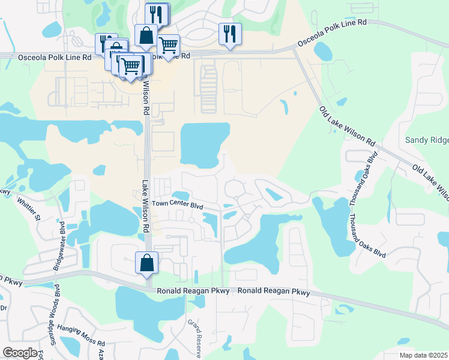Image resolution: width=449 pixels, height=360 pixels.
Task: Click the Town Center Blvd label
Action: (x=178, y=204)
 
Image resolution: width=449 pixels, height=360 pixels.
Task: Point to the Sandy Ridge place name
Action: (x=426, y=140)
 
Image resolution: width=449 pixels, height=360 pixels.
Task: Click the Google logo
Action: (x=19, y=353)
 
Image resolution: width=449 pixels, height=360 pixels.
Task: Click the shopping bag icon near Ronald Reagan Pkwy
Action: (x=147, y=263)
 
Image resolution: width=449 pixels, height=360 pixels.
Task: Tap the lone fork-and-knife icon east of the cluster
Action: (x=230, y=34)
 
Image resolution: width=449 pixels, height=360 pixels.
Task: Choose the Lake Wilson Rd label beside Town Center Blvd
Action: (x=145, y=208)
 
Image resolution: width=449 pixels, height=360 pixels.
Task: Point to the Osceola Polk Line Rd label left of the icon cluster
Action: (x=46, y=56)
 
